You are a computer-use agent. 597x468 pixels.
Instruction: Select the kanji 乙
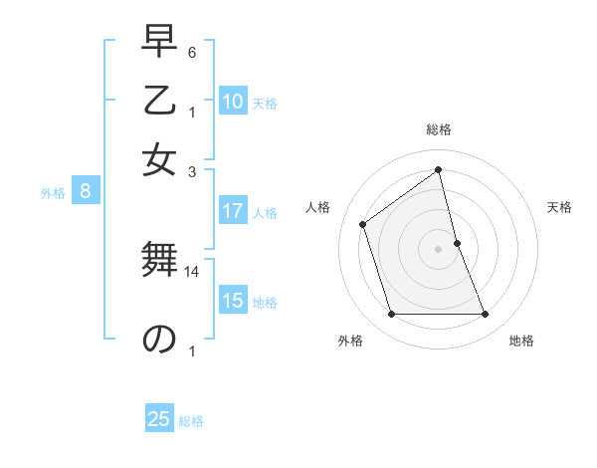(159, 103)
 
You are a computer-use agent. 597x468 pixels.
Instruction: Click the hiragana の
(159, 339)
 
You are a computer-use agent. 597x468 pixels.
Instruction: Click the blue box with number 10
(233, 102)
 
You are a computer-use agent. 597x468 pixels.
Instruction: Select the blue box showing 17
(233, 211)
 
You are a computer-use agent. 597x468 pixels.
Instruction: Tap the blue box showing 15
(233, 302)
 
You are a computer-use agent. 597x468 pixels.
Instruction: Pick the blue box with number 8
(86, 192)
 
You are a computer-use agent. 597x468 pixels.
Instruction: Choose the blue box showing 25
(159, 419)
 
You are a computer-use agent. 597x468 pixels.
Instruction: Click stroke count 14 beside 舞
(193, 271)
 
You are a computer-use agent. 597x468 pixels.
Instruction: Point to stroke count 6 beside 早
(192, 52)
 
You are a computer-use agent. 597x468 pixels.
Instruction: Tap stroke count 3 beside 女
(192, 171)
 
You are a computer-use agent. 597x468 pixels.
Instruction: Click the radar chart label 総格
(439, 129)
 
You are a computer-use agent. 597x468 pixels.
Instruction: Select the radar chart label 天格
(559, 207)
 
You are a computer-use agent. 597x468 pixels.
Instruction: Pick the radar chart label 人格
(318, 207)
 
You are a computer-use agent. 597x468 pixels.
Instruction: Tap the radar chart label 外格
(349, 342)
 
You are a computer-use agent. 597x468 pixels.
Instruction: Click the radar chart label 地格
(521, 342)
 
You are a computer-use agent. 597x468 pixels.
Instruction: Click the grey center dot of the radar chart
(439, 249)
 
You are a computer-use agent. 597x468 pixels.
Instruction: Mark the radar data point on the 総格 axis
(439, 169)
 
